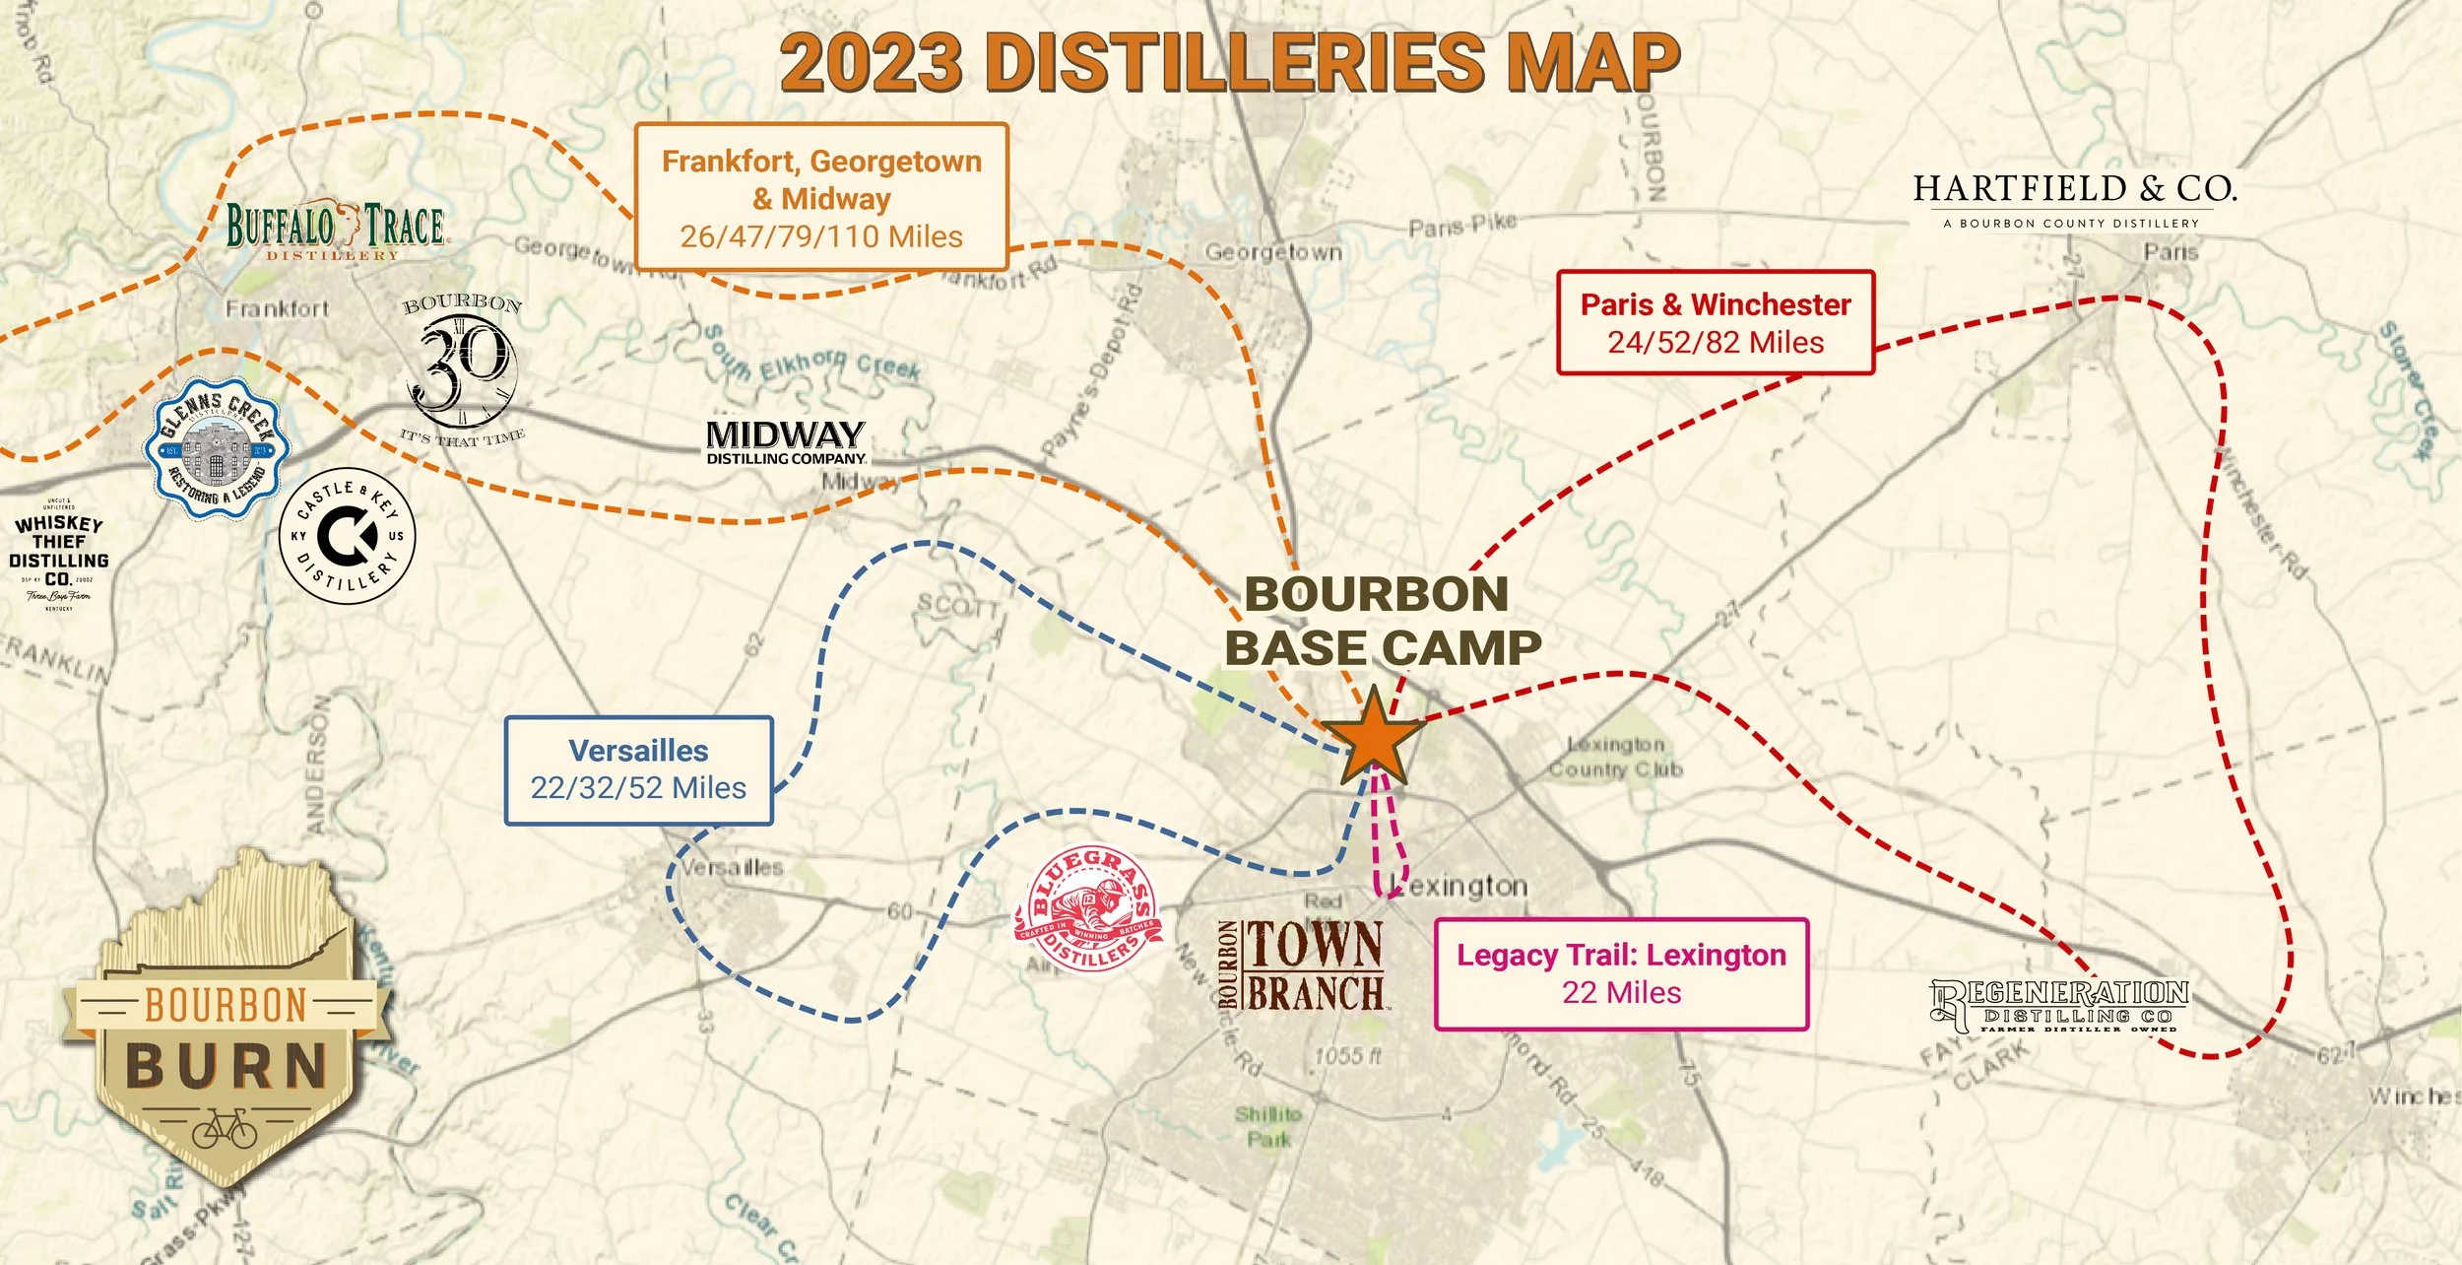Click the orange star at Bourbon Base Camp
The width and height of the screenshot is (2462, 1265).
coord(1372,740)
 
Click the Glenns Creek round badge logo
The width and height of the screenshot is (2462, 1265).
coord(217,448)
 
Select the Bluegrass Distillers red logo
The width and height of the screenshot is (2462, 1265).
coord(1088,908)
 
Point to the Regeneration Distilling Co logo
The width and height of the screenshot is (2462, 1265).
coord(2058,1005)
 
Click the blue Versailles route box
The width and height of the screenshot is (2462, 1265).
coord(638,769)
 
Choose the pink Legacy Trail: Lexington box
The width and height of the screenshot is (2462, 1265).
coord(1620,973)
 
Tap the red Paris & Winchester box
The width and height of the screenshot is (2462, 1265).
coord(1715,322)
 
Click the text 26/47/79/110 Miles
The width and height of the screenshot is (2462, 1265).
coord(821,236)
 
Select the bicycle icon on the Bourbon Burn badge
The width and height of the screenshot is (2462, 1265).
coord(225,1130)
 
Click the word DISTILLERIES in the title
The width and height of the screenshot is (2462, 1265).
coord(1235,61)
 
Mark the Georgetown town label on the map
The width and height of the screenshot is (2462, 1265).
coord(1272,252)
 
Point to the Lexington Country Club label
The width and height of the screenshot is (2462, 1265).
coord(1615,757)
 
